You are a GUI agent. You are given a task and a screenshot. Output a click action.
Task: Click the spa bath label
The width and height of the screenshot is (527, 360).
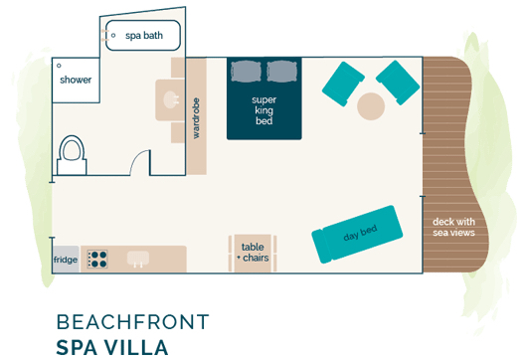pyautogui.click(x=143, y=36)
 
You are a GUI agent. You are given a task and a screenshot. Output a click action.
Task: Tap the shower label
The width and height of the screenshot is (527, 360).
pyautogui.click(x=76, y=80)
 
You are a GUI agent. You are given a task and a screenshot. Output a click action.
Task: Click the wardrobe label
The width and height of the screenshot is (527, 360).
pyautogui.click(x=196, y=117)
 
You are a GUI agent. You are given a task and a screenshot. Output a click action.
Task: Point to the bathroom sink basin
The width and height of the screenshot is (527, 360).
pyautogui.click(x=168, y=99)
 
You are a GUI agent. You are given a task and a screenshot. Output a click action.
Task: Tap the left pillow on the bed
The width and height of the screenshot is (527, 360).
pyautogui.click(x=246, y=71)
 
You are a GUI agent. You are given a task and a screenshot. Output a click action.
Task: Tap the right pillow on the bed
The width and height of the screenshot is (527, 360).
pyautogui.click(x=281, y=71)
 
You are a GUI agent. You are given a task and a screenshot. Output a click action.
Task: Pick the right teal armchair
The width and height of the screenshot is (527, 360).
pyautogui.click(x=399, y=82)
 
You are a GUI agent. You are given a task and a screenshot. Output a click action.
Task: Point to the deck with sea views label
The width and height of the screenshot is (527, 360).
pyautogui.click(x=453, y=227)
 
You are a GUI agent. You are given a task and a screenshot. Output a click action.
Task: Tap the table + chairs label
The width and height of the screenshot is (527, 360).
pyautogui.click(x=253, y=253)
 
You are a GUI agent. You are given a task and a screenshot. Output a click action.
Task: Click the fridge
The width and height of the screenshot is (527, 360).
pyautogui.click(x=66, y=260)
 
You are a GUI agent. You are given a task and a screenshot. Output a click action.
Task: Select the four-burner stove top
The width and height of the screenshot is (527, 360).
pyautogui.click(x=97, y=260)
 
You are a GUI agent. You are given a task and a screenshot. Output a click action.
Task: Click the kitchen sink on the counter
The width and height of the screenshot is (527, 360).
pyautogui.click(x=139, y=259)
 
